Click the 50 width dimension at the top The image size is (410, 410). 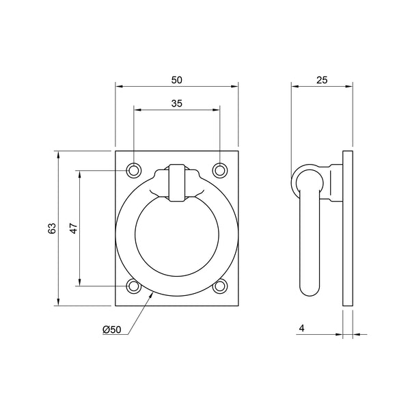[177, 80]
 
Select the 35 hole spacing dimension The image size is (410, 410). [176, 103]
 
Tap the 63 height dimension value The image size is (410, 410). [52, 229]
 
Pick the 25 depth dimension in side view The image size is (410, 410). [322, 80]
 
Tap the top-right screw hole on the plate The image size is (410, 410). [219, 169]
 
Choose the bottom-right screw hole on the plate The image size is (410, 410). [219, 286]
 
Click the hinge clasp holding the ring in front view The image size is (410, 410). [177, 182]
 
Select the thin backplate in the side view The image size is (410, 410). [348, 229]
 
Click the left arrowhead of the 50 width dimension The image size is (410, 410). [118, 87]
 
